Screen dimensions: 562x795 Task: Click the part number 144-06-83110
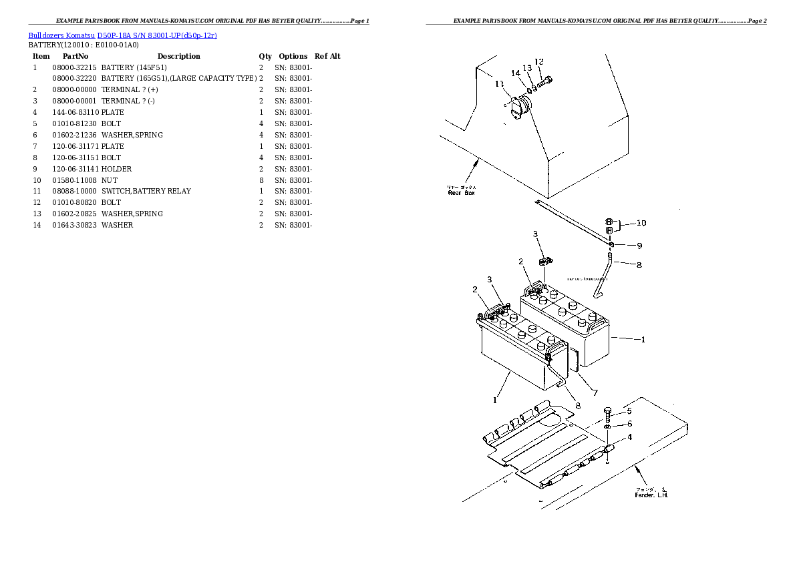[75, 112]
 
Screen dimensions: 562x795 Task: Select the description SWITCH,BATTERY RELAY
[146, 191]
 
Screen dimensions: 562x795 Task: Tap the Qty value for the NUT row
[261, 180]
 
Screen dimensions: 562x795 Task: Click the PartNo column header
[75, 56]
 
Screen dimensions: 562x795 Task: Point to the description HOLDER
[117, 169]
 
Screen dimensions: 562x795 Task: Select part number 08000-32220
[75, 79]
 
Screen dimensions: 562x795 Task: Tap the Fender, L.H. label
[651, 495]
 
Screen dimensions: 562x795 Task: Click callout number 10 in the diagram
[641, 223]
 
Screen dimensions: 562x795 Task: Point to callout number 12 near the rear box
[539, 62]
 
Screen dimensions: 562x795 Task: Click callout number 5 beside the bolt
[628, 411]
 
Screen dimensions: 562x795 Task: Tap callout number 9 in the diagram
[639, 245]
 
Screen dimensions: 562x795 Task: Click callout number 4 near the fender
[628, 438]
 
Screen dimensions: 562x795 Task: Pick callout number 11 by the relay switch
[500, 83]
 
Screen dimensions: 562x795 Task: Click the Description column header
[178, 56]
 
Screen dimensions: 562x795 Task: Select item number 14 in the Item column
[37, 225]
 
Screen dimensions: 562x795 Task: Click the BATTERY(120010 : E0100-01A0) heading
[84, 45]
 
